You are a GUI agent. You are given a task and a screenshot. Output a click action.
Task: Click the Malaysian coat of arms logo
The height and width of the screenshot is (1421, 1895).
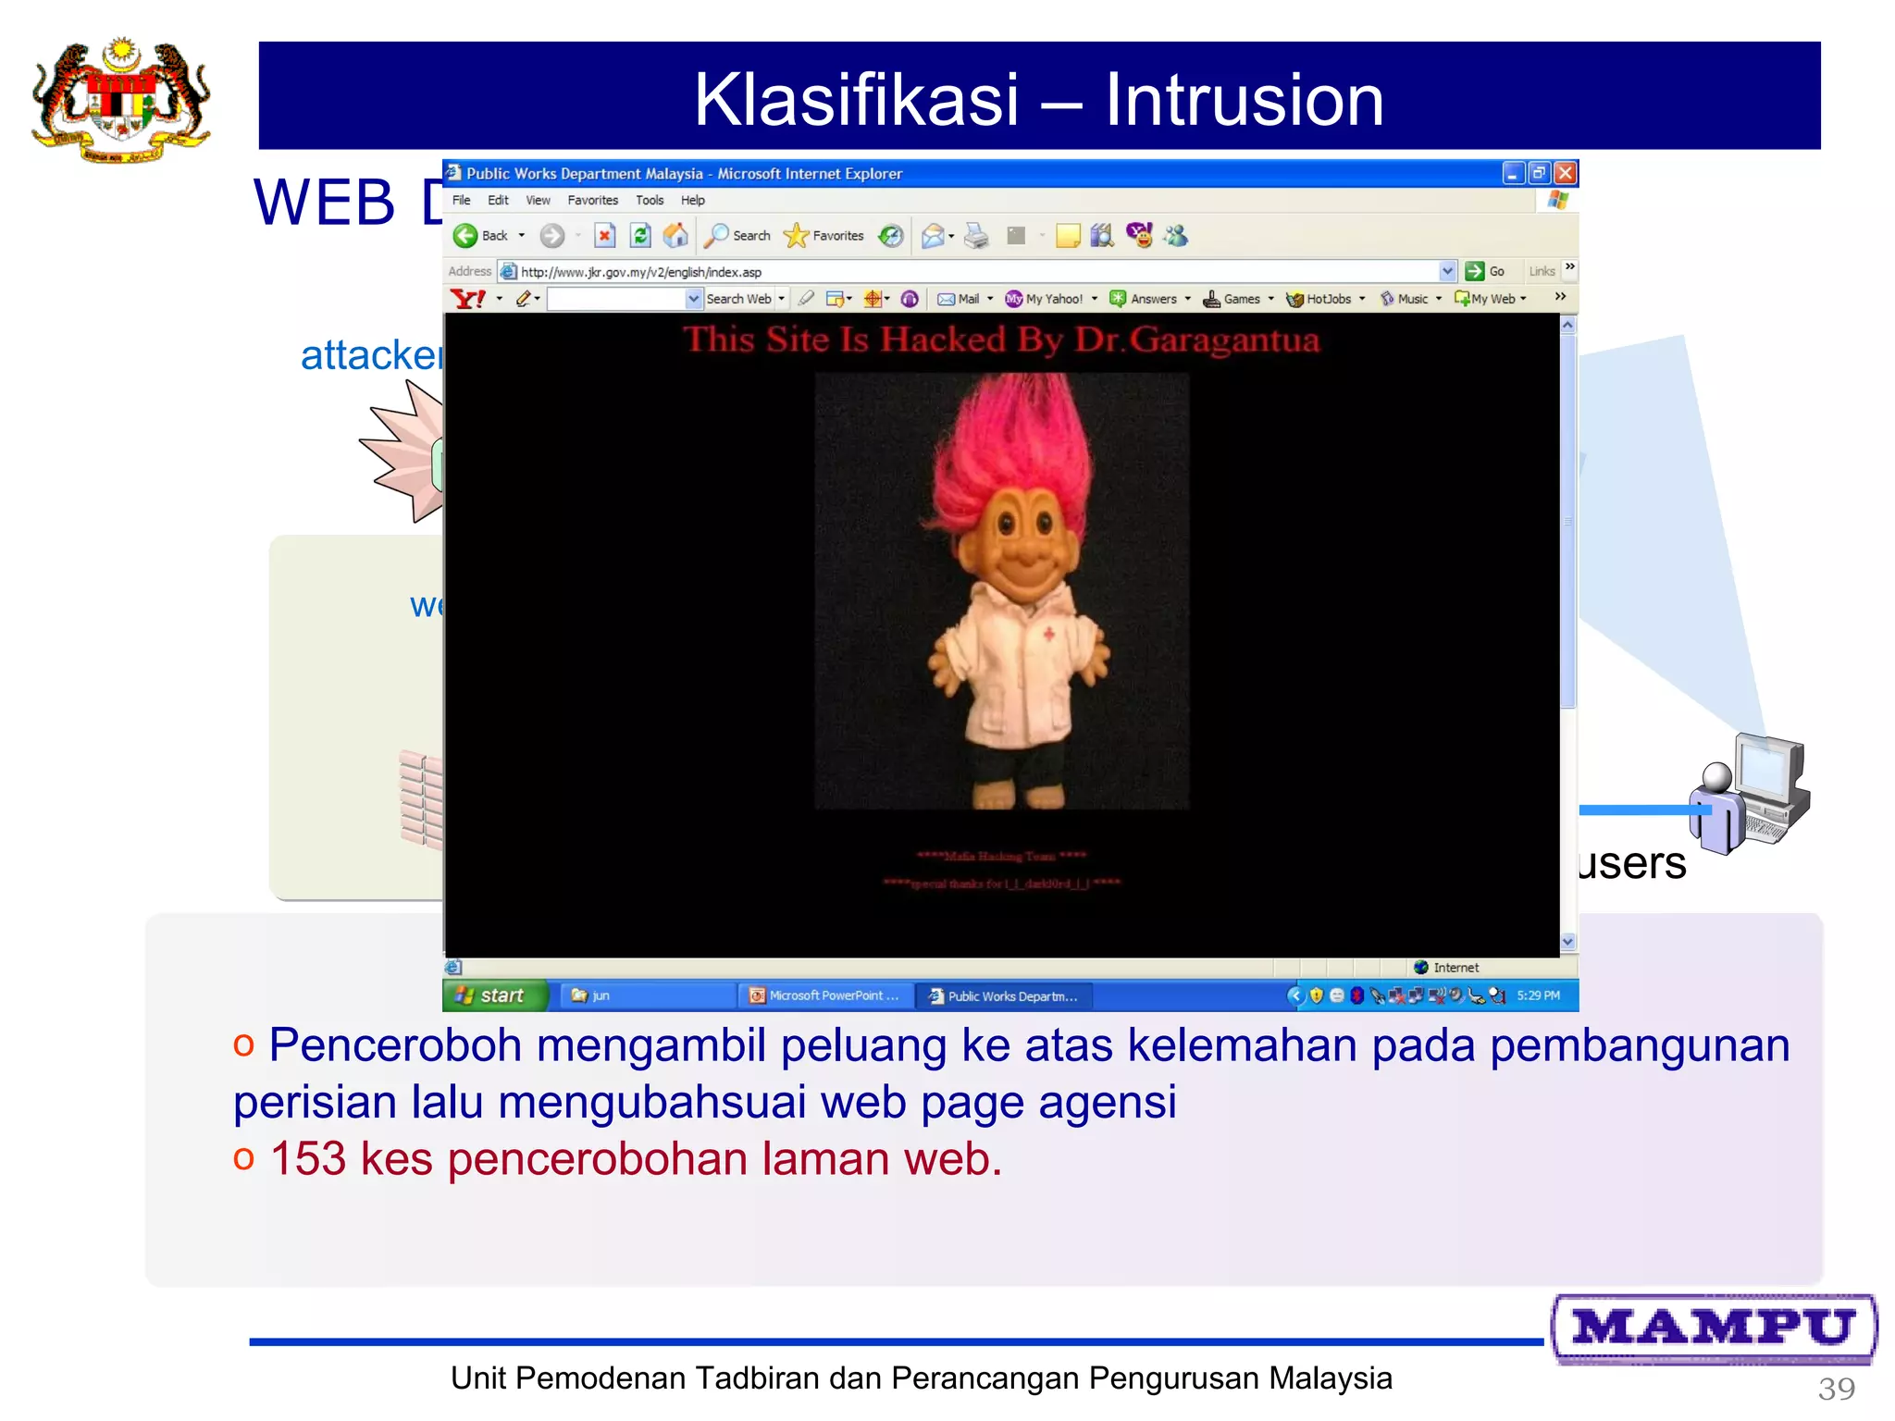point(121,100)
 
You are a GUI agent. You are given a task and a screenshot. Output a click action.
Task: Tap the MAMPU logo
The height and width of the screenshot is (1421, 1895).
point(1714,1328)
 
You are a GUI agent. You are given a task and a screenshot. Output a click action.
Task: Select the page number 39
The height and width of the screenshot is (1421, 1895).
point(1836,1389)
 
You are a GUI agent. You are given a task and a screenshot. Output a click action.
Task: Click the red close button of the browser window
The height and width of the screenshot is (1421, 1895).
point(1566,173)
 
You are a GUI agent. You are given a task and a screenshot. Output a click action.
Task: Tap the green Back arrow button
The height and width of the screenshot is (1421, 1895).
point(465,236)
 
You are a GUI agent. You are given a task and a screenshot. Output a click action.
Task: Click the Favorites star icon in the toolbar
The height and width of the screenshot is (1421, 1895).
point(796,236)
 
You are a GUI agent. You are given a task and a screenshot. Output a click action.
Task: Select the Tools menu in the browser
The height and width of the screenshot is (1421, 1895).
point(649,200)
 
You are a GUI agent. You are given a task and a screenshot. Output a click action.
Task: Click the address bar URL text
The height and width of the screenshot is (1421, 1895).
point(640,272)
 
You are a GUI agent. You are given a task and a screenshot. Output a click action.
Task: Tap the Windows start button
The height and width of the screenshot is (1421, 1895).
point(495,995)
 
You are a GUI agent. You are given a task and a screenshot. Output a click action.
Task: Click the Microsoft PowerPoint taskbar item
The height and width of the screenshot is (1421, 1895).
point(824,995)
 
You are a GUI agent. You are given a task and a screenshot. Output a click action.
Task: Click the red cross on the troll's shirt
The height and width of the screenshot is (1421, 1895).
point(1049,635)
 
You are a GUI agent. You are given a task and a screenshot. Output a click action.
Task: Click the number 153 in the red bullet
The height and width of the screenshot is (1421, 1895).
point(308,1158)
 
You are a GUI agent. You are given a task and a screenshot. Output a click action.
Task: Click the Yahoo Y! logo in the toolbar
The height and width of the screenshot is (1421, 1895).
point(468,299)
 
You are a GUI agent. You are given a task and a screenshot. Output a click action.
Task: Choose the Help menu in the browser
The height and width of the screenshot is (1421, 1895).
point(692,200)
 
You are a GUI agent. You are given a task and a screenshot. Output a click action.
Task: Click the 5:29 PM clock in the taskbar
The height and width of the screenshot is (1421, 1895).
point(1538,995)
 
